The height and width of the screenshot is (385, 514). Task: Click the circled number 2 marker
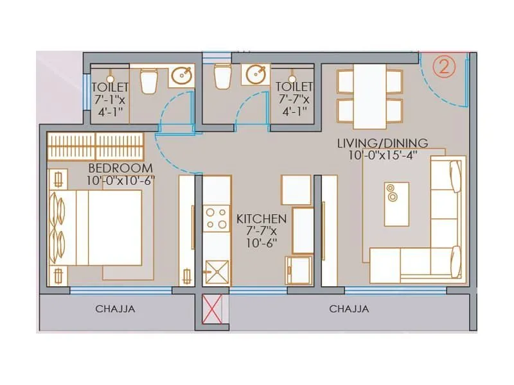click(443, 67)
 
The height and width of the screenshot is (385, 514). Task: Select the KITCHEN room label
click(261, 219)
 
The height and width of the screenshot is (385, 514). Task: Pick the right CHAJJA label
click(349, 309)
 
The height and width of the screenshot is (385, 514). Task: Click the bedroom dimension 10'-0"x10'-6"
click(121, 180)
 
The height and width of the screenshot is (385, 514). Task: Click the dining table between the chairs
click(370, 95)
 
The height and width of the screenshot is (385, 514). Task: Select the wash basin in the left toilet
click(181, 76)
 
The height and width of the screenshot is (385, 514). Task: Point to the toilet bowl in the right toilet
click(222, 76)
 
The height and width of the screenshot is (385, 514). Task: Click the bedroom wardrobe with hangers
click(94, 146)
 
